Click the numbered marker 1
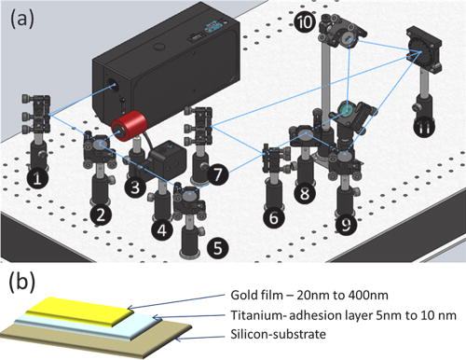coord(36,176)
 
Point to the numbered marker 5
coord(217,248)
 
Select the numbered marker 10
coord(303,21)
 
